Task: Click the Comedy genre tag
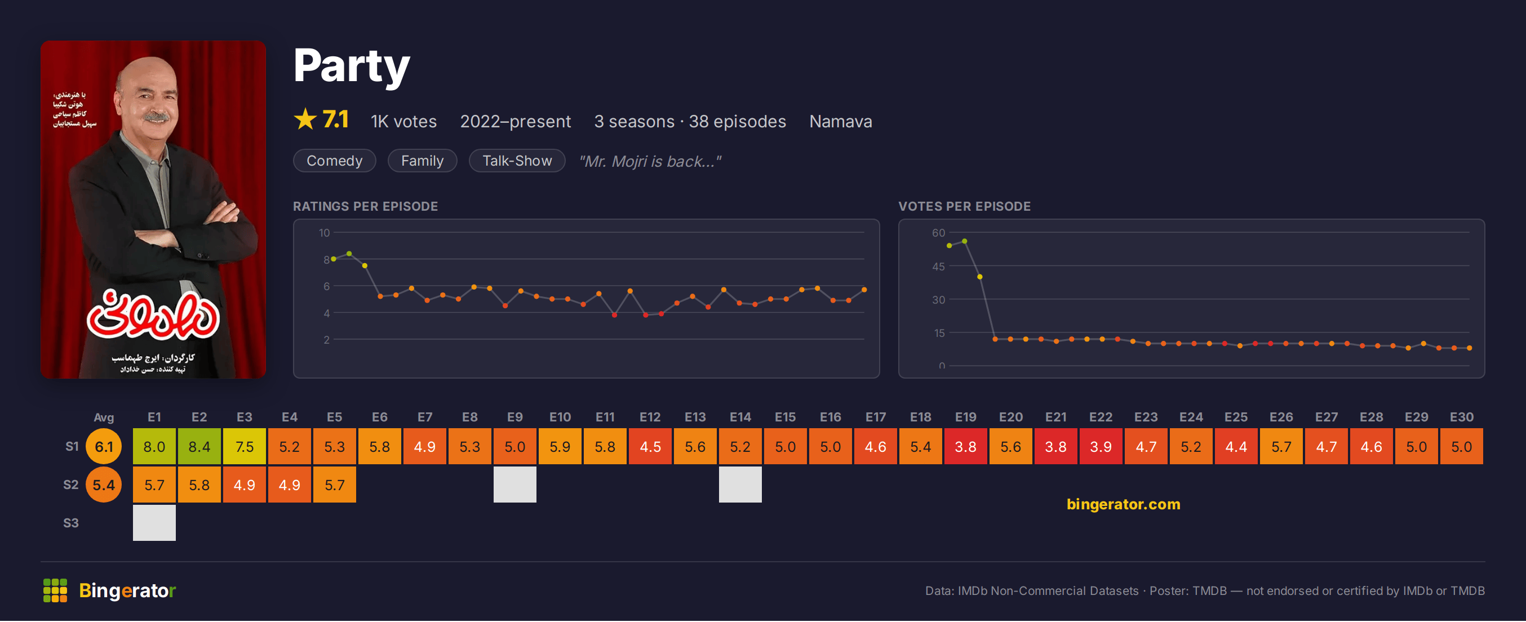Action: (x=334, y=161)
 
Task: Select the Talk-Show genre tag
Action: (x=517, y=161)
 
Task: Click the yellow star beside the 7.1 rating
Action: (x=305, y=119)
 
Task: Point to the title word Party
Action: (x=351, y=66)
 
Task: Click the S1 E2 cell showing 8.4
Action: (x=199, y=447)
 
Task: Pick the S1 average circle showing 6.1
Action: (x=104, y=447)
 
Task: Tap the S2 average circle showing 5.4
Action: (x=104, y=485)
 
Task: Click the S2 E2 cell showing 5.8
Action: (x=199, y=485)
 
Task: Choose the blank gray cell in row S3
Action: (x=154, y=523)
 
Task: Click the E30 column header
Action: (x=1461, y=417)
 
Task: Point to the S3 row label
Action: (x=71, y=523)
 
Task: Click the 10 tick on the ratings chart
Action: (x=324, y=233)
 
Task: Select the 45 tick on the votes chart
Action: (x=938, y=266)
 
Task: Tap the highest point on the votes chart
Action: (x=964, y=241)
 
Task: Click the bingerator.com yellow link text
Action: (x=1123, y=504)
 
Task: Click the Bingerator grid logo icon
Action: (x=55, y=590)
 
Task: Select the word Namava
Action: (x=840, y=122)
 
